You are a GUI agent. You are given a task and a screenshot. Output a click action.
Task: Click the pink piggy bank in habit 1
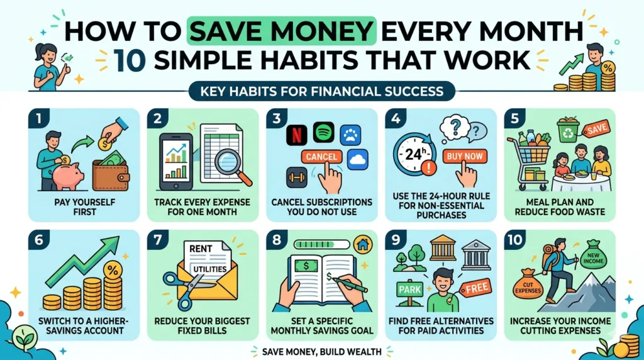click(68, 175)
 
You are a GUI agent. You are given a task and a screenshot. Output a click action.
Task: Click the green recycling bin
click(567, 129)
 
